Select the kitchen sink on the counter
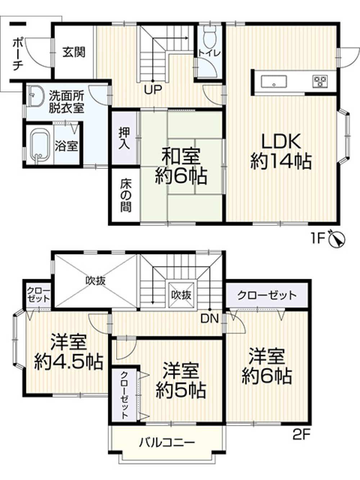[274, 82]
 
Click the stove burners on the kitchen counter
[319, 82]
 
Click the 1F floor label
[318, 238]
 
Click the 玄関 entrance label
[74, 52]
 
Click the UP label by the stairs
[153, 89]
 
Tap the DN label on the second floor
[210, 318]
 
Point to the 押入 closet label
[125, 139]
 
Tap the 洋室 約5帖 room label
[181, 380]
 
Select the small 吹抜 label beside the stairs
[181, 295]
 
